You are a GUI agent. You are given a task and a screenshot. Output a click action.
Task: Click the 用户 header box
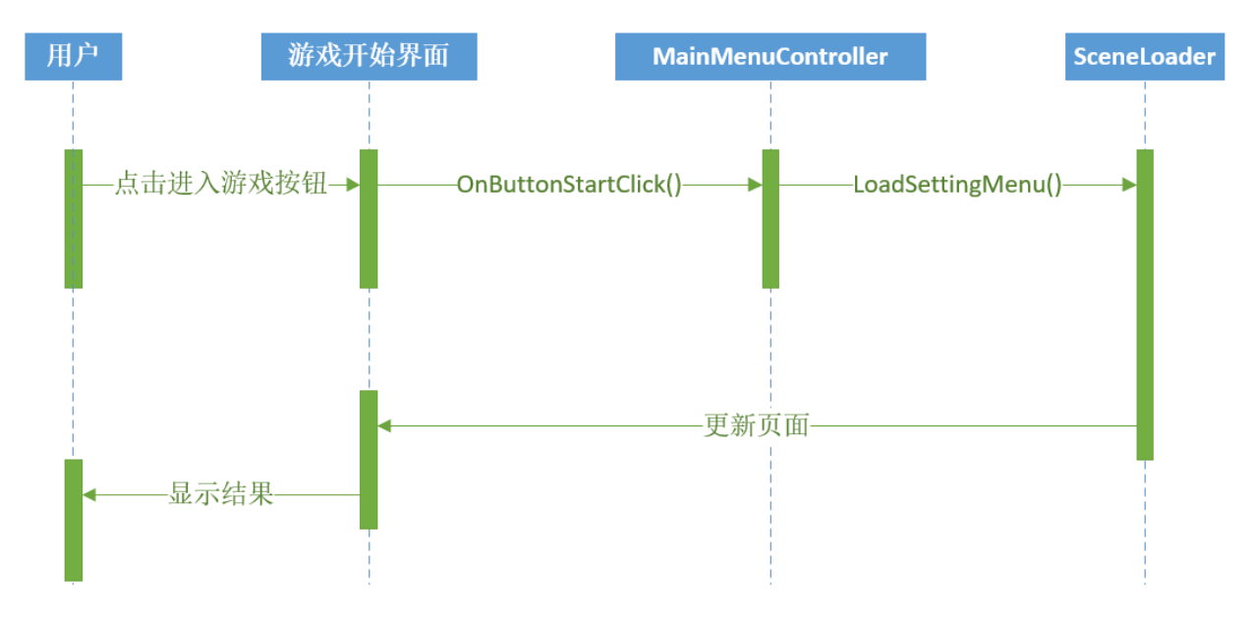coord(74,57)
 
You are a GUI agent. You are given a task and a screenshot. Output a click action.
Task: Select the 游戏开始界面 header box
coord(370,57)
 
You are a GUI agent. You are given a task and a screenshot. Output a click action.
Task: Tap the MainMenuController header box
coord(770,57)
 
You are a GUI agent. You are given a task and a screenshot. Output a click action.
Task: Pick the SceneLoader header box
coord(1145,57)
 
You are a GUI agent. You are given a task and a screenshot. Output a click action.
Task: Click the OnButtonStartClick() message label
coord(569,185)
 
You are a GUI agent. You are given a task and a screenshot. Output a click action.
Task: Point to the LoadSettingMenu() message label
coord(957,185)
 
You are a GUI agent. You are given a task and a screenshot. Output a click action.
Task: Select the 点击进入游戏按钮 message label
coord(221,184)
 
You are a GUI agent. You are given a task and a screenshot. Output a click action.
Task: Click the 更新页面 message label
coord(757,425)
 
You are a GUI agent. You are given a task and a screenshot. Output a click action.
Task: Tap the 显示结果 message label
coord(221,494)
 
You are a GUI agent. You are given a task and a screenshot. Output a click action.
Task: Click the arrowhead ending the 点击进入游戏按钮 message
coord(353,185)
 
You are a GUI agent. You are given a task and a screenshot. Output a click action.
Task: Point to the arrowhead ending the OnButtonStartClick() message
coord(755,185)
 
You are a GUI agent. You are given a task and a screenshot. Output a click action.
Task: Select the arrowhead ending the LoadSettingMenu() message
coord(1129,185)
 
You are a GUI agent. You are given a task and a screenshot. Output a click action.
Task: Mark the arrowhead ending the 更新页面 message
coord(384,425)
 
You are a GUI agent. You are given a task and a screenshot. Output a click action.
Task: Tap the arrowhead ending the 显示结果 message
coord(89,494)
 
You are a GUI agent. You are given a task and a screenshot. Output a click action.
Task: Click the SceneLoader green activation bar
coord(1145,305)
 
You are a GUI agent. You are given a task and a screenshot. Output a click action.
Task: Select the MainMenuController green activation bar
coord(770,219)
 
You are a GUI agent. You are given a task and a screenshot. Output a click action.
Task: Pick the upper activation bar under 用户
coord(74,219)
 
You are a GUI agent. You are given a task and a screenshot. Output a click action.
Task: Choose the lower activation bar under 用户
coord(74,521)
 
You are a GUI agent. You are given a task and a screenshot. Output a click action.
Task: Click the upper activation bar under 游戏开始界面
coord(369,219)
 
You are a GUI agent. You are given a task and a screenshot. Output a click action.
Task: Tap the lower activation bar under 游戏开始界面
coord(369,460)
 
